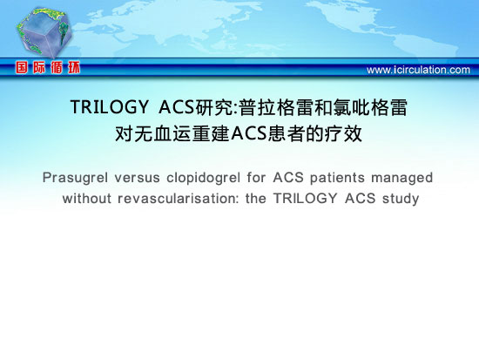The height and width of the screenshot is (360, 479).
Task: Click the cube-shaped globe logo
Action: pyautogui.click(x=44, y=32)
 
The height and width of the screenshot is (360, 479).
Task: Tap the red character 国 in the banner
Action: pyautogui.click(x=22, y=67)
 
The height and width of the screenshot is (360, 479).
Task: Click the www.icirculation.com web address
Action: pyautogui.click(x=418, y=70)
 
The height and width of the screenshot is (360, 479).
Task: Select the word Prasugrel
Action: pyautogui.click(x=75, y=178)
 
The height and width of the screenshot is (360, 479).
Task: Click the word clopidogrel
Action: pyautogui.click(x=204, y=178)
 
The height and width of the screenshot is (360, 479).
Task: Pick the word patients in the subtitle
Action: pyautogui.click(x=337, y=178)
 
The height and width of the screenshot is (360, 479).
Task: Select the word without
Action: pyautogui.click(x=87, y=199)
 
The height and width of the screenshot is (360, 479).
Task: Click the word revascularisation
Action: pyautogui.click(x=179, y=199)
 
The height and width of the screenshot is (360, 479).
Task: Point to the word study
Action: pyautogui.click(x=401, y=199)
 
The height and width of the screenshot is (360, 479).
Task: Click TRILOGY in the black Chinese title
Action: pyautogui.click(x=110, y=107)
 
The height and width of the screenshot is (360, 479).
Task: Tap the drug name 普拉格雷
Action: pyautogui.click(x=276, y=108)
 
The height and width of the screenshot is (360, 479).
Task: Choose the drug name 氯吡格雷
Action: pyautogui.click(x=370, y=108)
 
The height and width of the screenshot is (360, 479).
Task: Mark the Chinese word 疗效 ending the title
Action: pyautogui.click(x=344, y=133)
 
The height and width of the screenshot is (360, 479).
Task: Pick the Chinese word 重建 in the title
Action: pyautogui.click(x=211, y=133)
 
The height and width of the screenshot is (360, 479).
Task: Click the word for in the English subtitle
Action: pyautogui.click(x=257, y=178)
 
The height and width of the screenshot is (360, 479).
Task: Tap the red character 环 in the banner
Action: pyautogui.click(x=74, y=67)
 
